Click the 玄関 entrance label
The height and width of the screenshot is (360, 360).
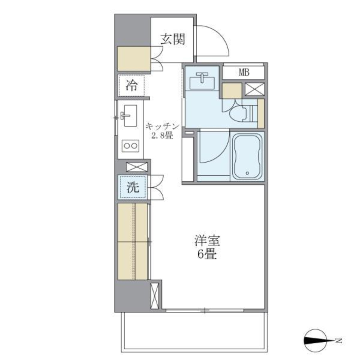[173, 39]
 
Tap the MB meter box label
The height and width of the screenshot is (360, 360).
[244, 72]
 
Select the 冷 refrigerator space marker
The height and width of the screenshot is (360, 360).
[131, 86]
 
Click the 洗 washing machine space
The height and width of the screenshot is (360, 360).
[132, 187]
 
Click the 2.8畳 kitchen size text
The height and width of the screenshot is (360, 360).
[162, 136]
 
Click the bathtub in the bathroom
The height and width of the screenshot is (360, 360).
[247, 157]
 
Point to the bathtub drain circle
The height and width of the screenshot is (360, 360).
[247, 173]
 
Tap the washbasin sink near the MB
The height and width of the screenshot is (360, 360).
[202, 80]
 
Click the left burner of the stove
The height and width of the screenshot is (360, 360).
[126, 145]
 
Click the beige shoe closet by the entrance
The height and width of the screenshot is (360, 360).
[134, 58]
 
